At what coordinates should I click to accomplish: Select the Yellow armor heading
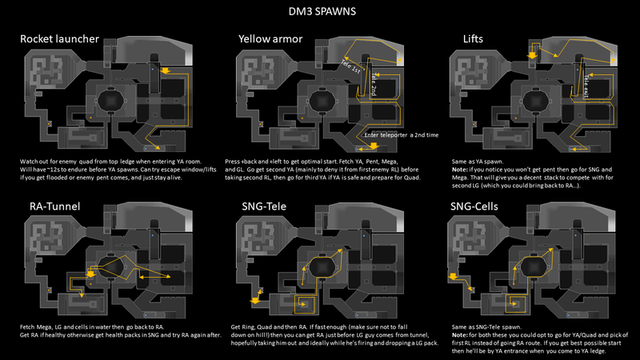coord(271,38)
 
